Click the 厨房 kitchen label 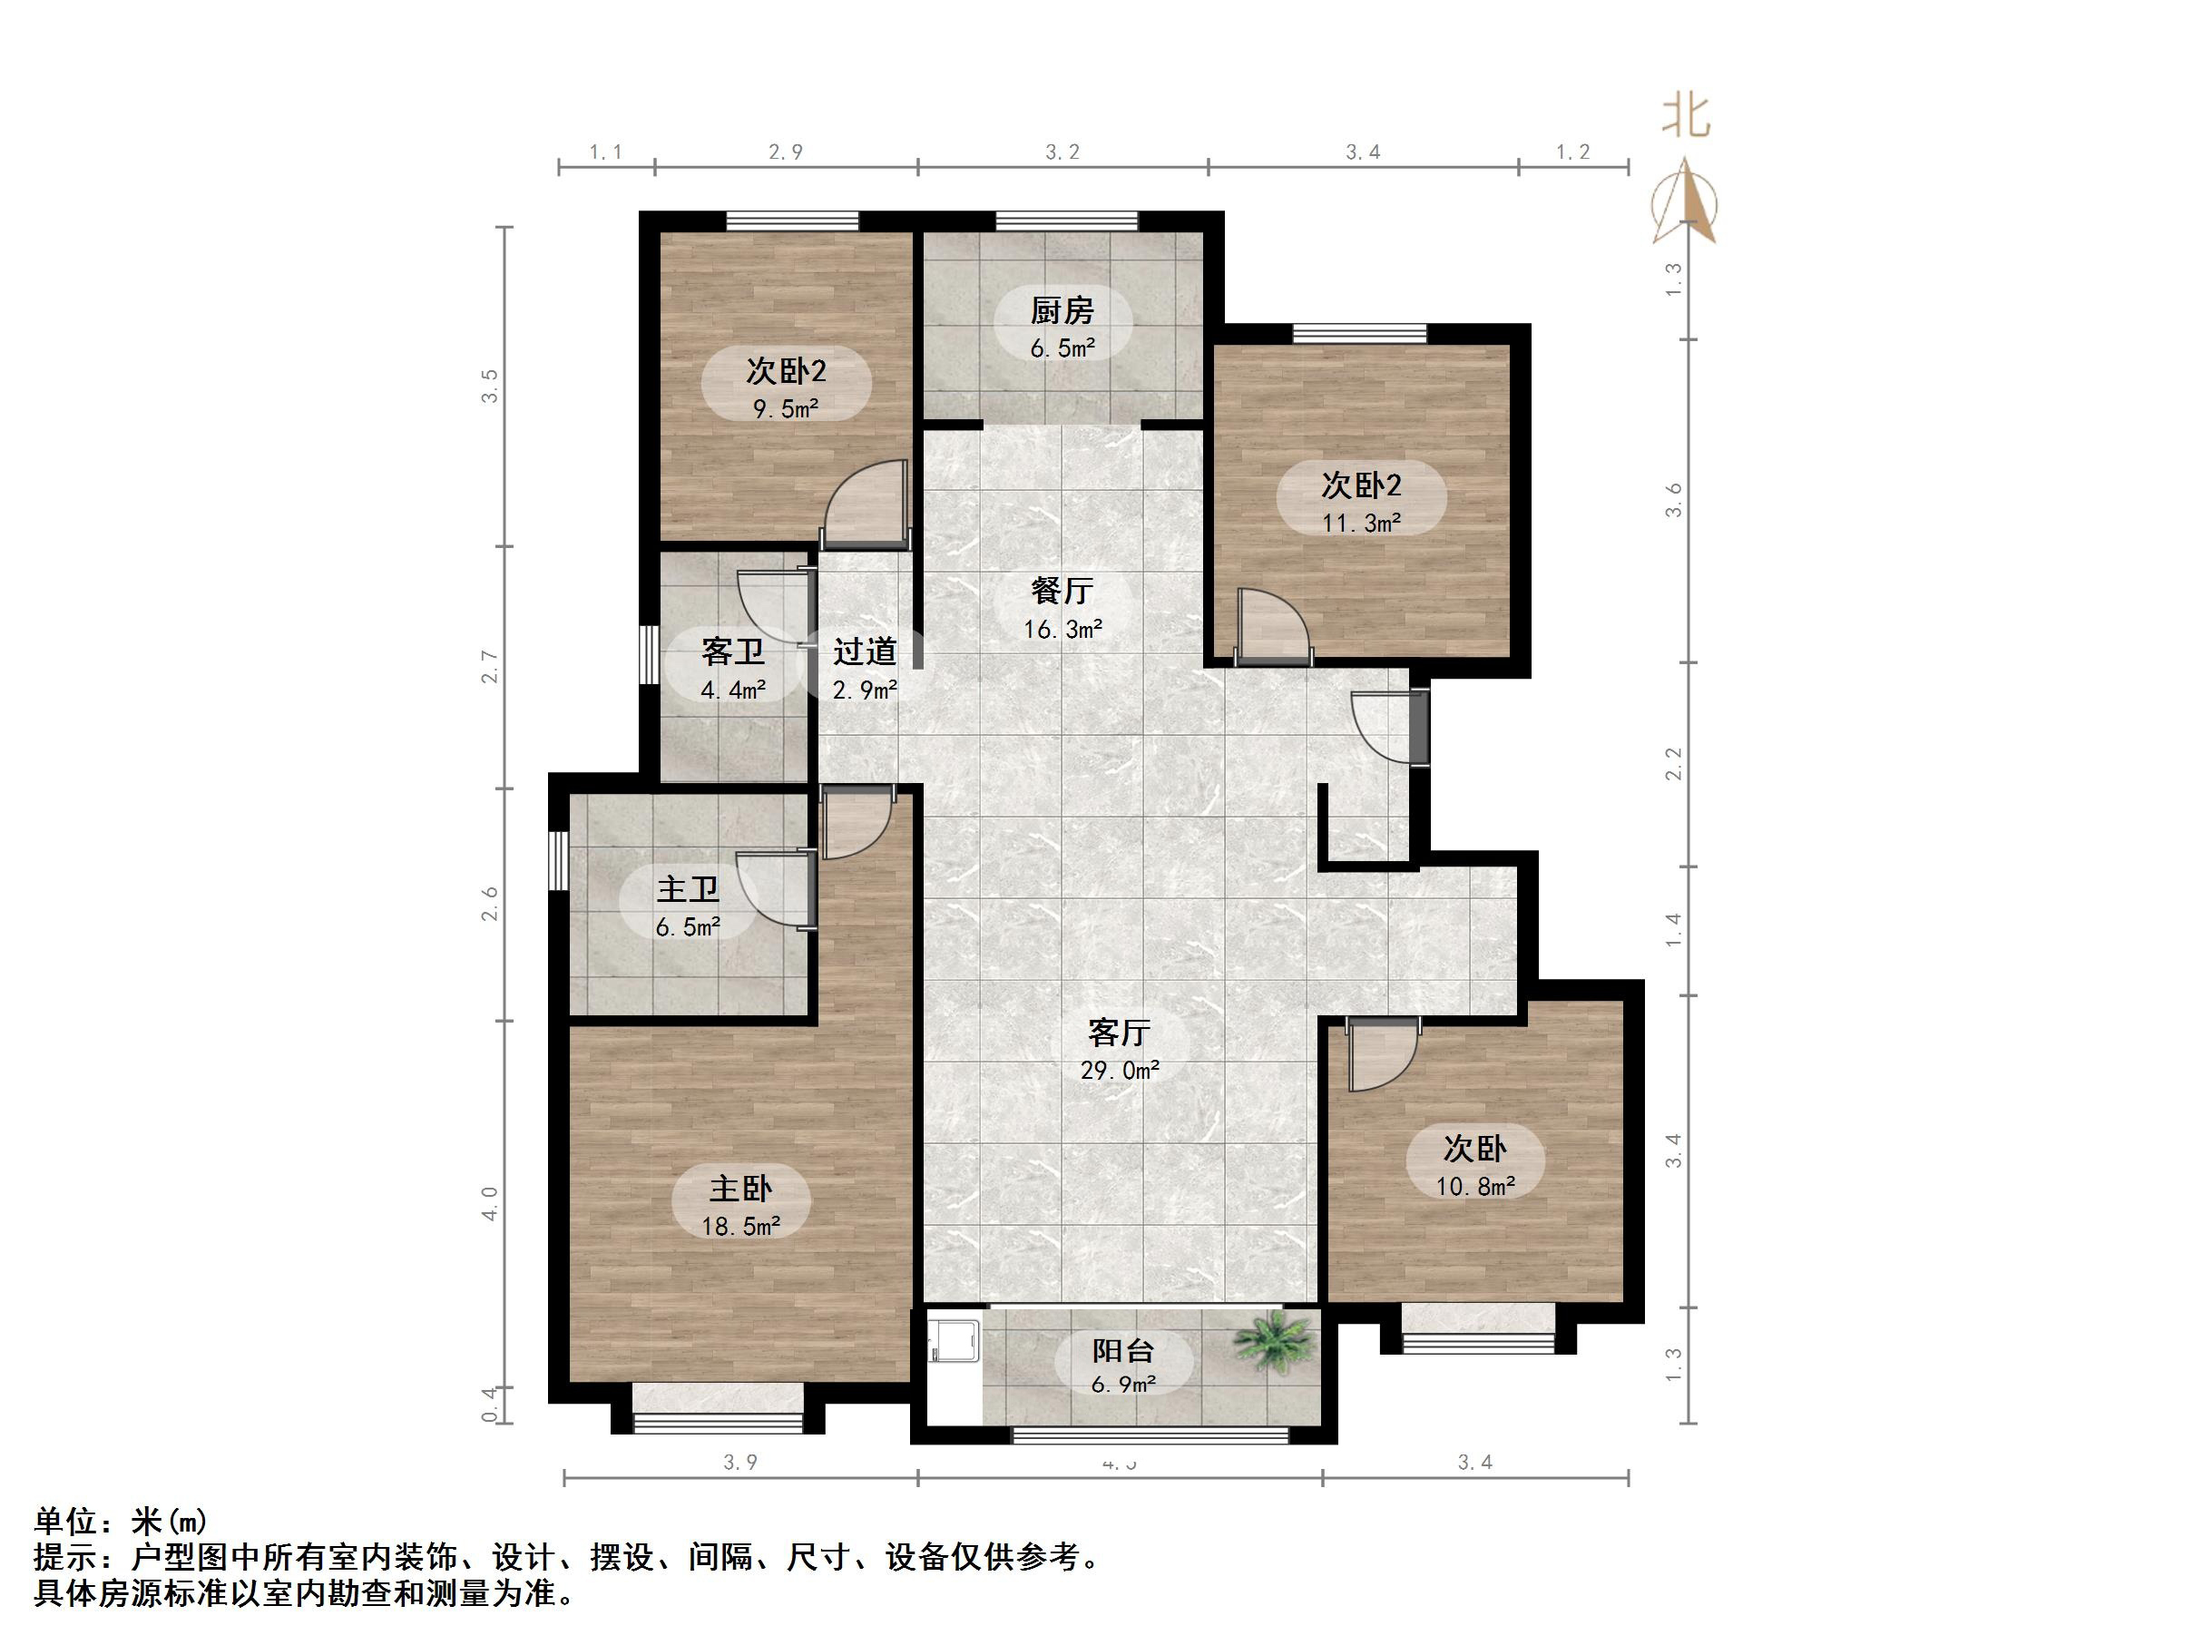pos(1062,310)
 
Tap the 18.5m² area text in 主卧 pos(740,1227)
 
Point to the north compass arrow pos(1686,203)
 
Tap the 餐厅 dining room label pos(1062,591)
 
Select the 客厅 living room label pos(1119,1033)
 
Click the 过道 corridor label pos(865,651)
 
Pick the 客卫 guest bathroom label pos(732,651)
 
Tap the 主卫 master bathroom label pos(687,888)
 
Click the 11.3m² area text pos(1361,523)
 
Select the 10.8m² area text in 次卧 pos(1475,1186)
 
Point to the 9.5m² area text pos(785,408)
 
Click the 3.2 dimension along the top pos(1062,152)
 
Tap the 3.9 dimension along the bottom pos(740,1463)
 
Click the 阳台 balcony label pos(1123,1350)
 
